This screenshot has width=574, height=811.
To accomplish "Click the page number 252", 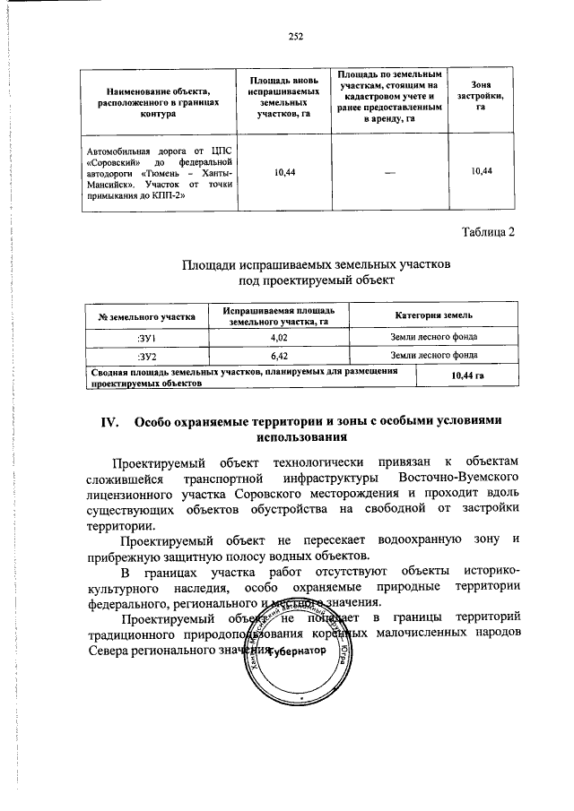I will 297,37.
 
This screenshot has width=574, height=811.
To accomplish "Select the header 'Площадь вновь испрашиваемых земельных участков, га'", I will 283,96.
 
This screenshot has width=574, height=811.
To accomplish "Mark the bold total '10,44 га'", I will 467,375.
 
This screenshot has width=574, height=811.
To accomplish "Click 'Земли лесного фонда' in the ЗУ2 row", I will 433,355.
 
